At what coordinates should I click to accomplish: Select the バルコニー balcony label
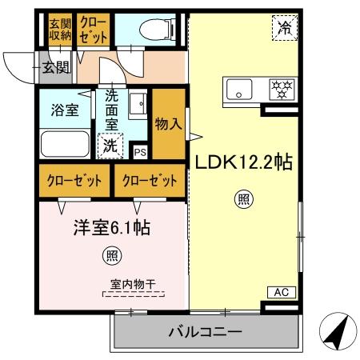coord(204,330)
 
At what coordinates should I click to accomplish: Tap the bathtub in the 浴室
coord(66,144)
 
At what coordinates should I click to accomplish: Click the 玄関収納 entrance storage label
coord(60,28)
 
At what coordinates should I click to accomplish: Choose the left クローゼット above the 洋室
coord(74,181)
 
